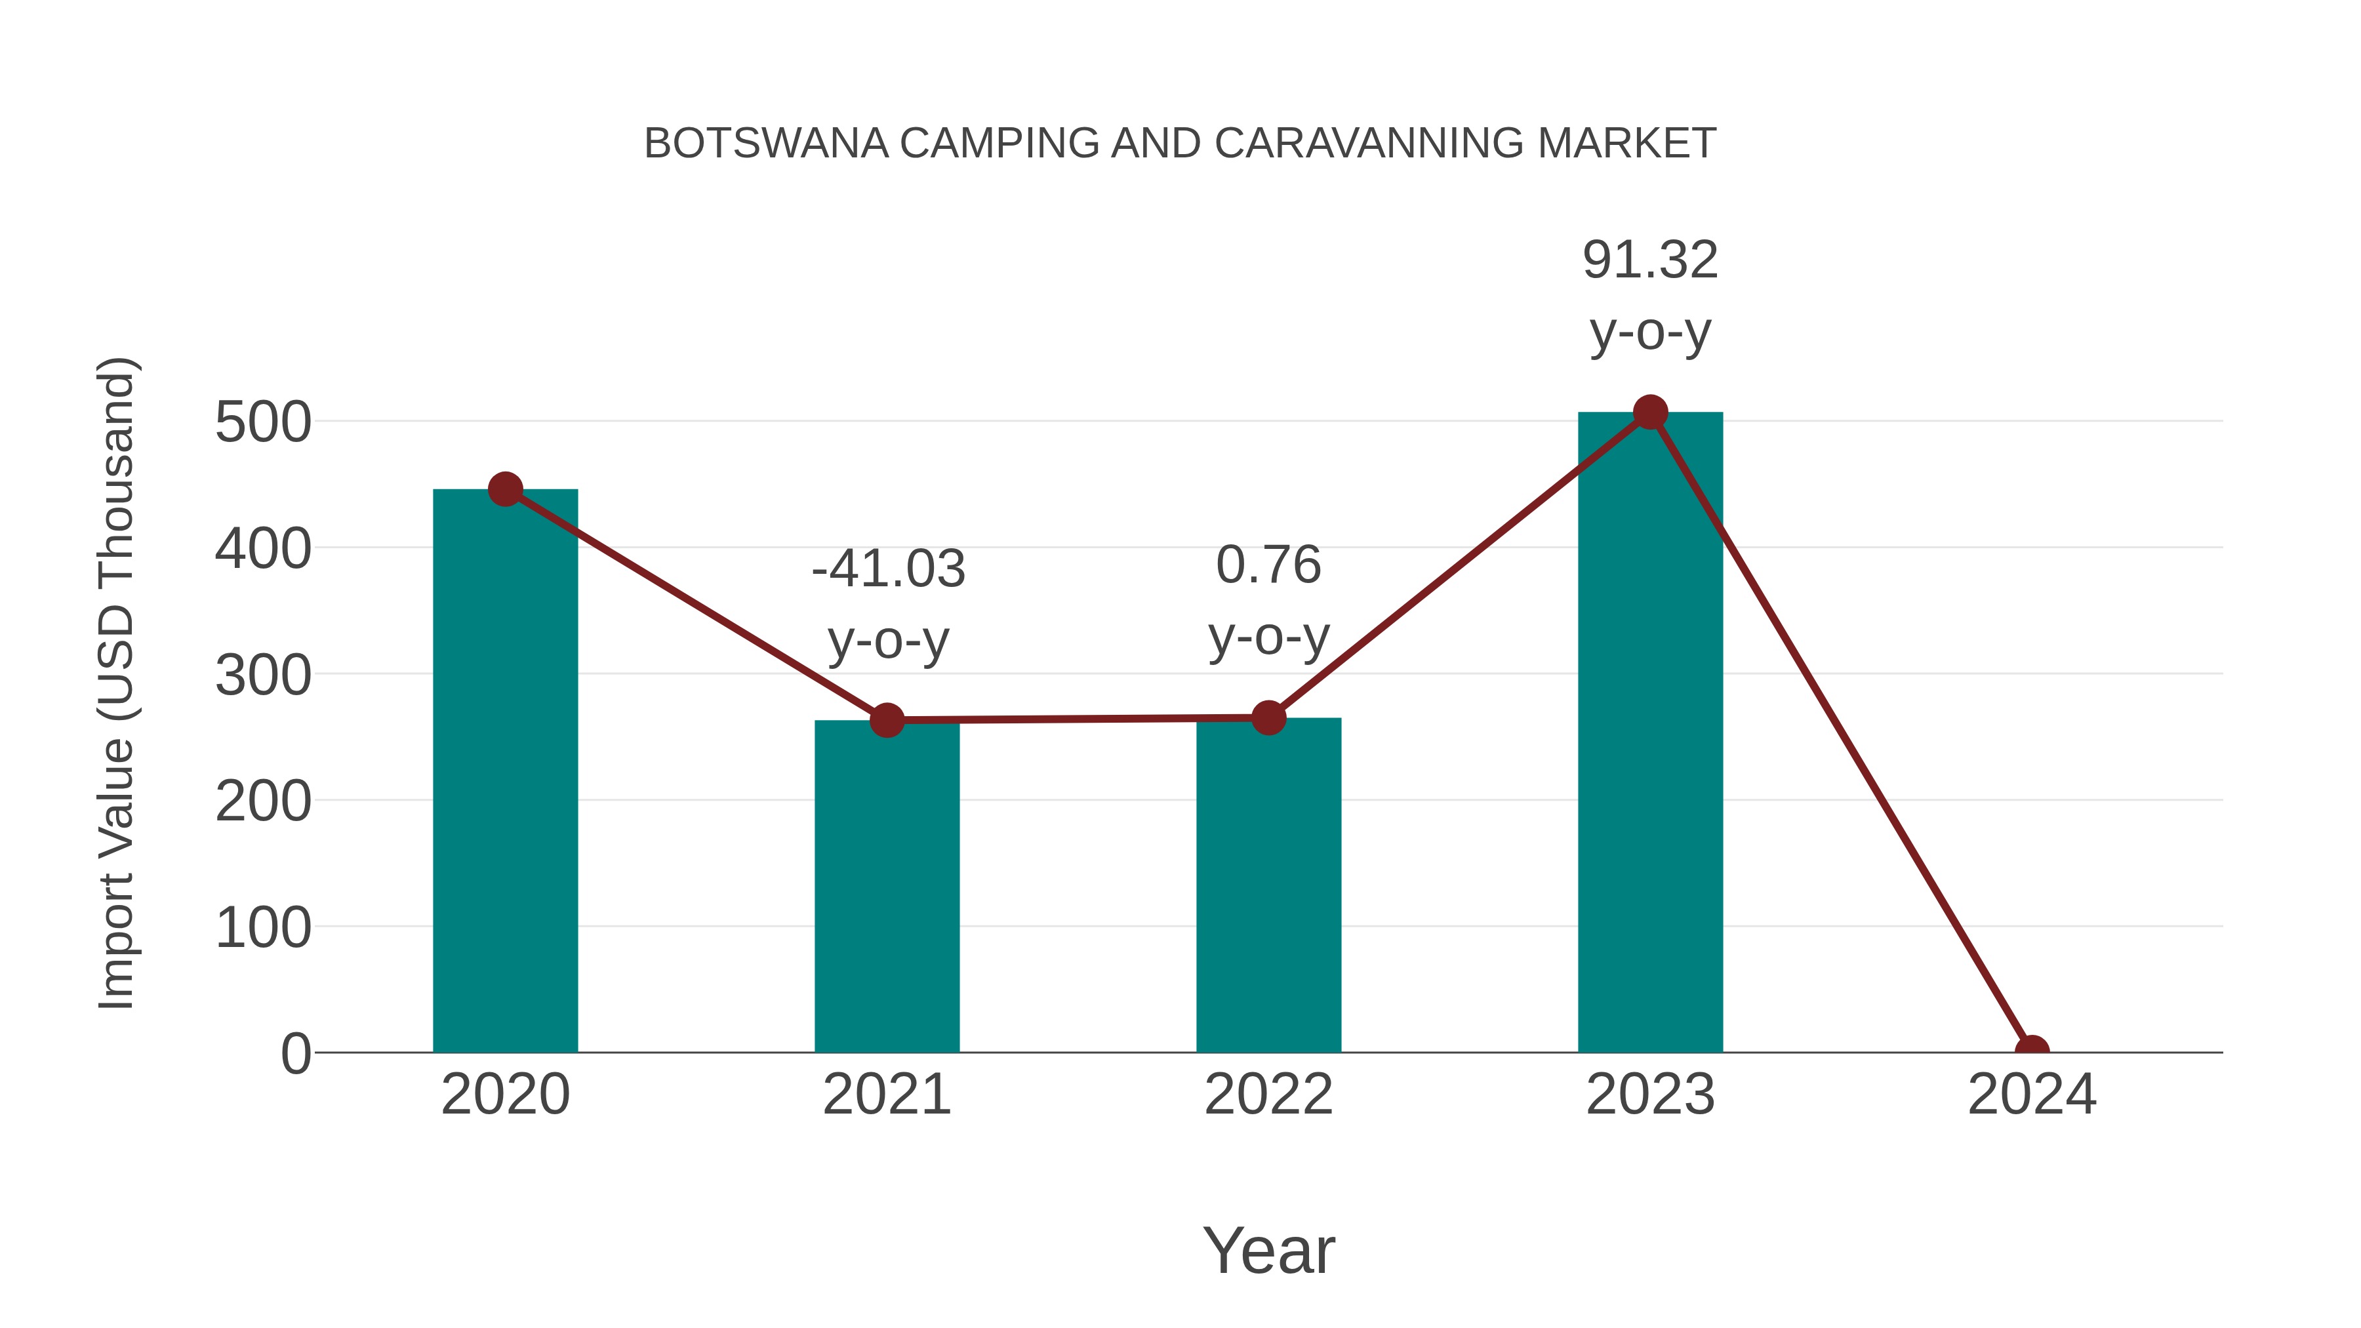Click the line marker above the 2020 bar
pyautogui.click(x=505, y=489)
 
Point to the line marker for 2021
pyautogui.click(x=886, y=720)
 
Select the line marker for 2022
pyautogui.click(x=1268, y=717)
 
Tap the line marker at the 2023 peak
pyautogui.click(x=1650, y=412)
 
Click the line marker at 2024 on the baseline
pyautogui.click(x=2032, y=1051)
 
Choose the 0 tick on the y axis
pyautogui.click(x=296, y=1054)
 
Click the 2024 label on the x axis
pyautogui.click(x=2032, y=1095)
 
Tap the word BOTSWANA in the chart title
pyautogui.click(x=766, y=144)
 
